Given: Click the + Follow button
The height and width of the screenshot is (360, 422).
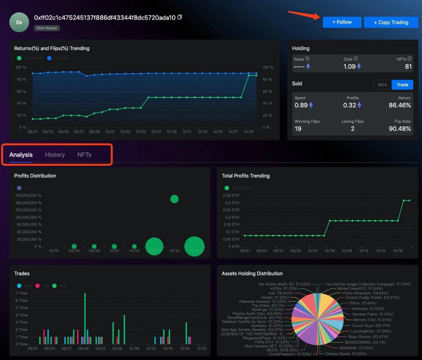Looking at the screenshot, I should pyautogui.click(x=342, y=22).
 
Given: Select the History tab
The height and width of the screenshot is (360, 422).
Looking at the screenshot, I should pyautogui.click(x=55, y=155).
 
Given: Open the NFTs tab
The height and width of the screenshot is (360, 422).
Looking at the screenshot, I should pyautogui.click(x=84, y=155).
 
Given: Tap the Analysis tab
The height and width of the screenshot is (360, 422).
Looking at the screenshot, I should pyautogui.click(x=21, y=155).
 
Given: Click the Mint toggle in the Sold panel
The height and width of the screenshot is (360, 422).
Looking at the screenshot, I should pyautogui.click(x=382, y=85).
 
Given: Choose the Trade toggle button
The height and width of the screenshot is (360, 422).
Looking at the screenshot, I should pyautogui.click(x=402, y=85).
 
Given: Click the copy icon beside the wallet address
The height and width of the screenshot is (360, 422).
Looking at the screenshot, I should pyautogui.click(x=180, y=17).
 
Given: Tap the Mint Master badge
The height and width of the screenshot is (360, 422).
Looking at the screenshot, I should pyautogui.click(x=47, y=28).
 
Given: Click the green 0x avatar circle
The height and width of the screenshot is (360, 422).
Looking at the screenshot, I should pyautogui.click(x=19, y=22).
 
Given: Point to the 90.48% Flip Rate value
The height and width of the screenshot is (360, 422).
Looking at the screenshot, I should pyautogui.click(x=400, y=129).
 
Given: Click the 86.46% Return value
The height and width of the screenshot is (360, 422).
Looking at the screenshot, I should pyautogui.click(x=400, y=105).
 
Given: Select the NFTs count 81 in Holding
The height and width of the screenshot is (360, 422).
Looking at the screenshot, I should pyautogui.click(x=408, y=67).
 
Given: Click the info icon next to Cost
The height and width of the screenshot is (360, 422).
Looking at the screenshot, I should pyautogui.click(x=356, y=59).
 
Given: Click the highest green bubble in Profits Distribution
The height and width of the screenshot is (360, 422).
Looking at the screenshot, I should pyautogui.click(x=174, y=199).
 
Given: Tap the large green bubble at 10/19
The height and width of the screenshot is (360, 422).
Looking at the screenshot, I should pyautogui.click(x=194, y=247).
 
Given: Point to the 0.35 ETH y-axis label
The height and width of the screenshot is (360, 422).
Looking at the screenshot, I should pyautogui.click(x=231, y=195).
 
